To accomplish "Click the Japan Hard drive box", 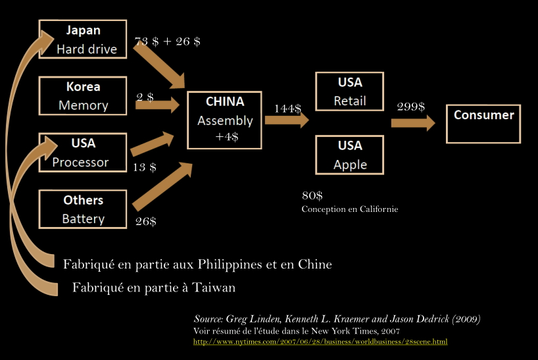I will (83, 39).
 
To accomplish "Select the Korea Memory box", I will (83, 96).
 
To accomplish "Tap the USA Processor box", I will (83, 153).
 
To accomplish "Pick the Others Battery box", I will (83, 209).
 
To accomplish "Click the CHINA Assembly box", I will (224, 120).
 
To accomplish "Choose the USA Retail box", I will (350, 91).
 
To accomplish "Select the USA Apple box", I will (350, 155).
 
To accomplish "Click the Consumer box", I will (483, 123).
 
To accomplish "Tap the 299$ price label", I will (411, 107).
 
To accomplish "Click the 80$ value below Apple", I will (312, 196).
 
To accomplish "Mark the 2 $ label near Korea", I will (145, 97).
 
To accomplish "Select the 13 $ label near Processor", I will (145, 167).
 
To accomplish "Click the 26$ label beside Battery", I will (145, 221).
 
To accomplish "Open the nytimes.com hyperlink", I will (320, 342).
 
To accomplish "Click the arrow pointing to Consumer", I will (413, 122).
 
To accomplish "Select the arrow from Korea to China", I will (158, 105).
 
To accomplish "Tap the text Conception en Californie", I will (350, 209).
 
